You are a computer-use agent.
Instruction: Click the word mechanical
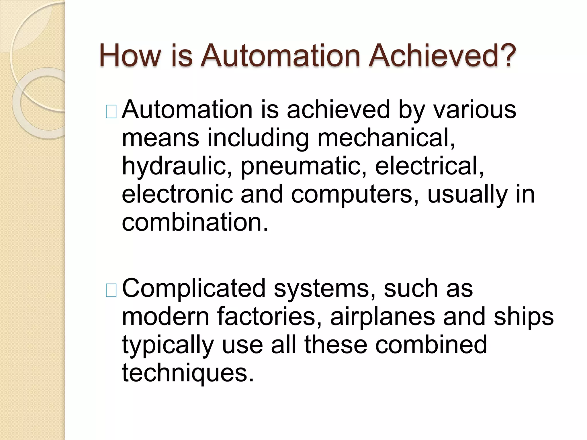click(x=386, y=138)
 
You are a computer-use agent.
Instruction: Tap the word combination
click(x=195, y=222)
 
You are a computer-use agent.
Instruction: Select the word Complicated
click(x=194, y=289)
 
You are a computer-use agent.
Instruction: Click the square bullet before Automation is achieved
click(x=111, y=112)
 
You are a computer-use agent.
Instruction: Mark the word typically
click(x=168, y=345)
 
